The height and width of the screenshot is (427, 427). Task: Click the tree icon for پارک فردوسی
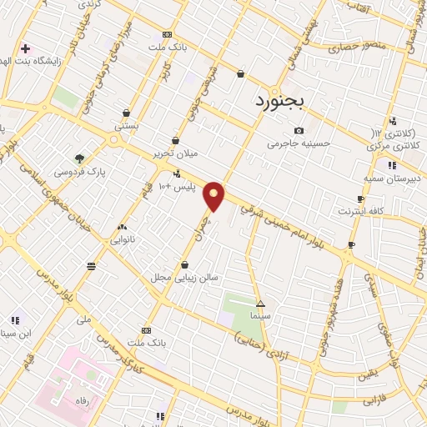click(x=79, y=158)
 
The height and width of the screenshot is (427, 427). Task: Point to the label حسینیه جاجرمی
click(x=299, y=143)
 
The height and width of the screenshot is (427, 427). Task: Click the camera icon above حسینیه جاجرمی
click(x=299, y=130)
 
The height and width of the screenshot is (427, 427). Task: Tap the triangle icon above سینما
click(x=261, y=304)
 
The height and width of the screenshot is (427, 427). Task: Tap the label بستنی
click(x=127, y=125)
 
